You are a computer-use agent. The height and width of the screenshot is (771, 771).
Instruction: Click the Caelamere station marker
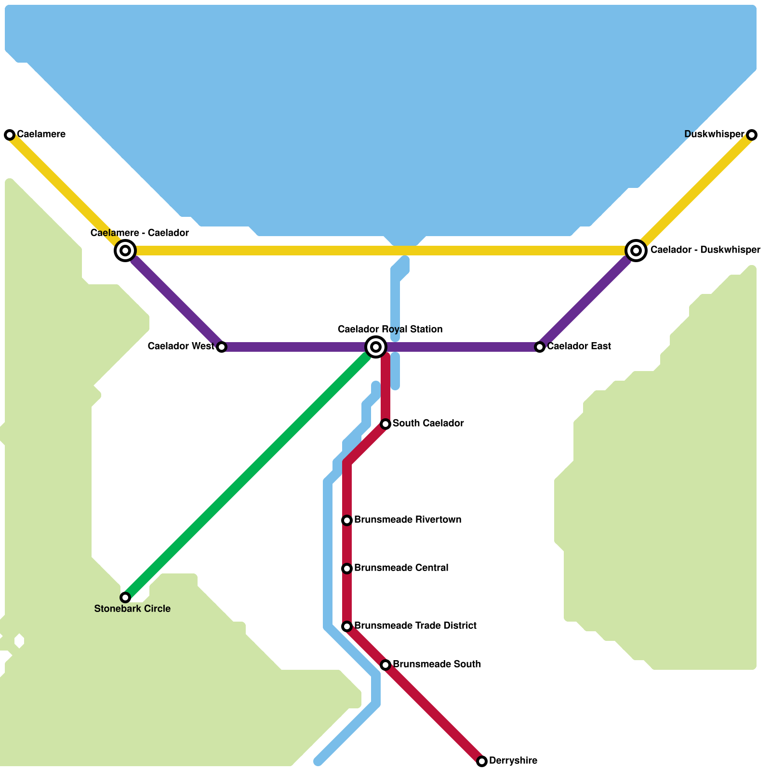(x=10, y=135)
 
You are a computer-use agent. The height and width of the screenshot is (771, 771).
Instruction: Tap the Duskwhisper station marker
(x=752, y=135)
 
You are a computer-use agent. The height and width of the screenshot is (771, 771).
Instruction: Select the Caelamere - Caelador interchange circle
(x=125, y=251)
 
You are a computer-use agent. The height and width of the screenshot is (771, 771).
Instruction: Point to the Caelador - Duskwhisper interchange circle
(x=636, y=251)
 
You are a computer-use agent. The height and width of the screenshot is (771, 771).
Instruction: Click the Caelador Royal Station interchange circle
(x=376, y=347)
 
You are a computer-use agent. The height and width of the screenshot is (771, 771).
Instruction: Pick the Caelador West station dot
(x=222, y=347)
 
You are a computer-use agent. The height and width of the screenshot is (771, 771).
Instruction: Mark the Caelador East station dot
(x=540, y=347)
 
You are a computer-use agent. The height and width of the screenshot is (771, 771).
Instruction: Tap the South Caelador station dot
(x=385, y=424)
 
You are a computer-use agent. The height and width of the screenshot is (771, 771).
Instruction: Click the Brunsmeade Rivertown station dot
(x=347, y=520)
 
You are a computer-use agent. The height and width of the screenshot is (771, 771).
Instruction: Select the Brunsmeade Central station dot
(x=347, y=569)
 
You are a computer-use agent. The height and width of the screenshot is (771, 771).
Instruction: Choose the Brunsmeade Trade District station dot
(x=347, y=626)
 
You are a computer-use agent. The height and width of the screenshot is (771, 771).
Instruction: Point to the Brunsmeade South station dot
(x=385, y=665)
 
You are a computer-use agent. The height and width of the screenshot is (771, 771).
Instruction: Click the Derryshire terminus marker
(x=482, y=761)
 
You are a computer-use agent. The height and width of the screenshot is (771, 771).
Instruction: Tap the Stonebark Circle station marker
(x=125, y=598)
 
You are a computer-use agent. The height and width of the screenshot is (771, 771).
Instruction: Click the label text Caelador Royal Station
(x=390, y=330)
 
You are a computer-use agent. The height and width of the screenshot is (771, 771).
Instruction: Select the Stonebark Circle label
(x=133, y=609)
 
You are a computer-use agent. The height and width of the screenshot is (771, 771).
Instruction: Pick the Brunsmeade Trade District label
(x=415, y=626)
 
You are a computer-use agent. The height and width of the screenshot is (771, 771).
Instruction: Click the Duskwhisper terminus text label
(x=714, y=134)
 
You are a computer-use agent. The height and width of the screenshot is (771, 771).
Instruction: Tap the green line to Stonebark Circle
(x=246, y=477)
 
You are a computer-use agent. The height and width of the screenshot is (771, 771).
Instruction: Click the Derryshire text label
(x=513, y=761)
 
